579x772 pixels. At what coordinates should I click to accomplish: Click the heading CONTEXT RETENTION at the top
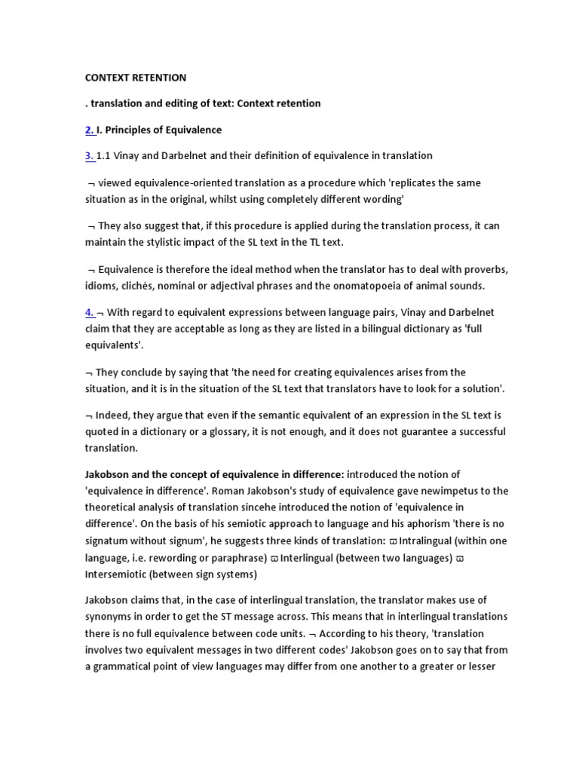[135, 78]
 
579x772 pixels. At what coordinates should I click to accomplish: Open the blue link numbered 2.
[89, 130]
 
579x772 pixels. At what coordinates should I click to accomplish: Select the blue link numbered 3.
[89, 156]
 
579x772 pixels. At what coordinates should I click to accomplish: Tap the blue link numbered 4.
[89, 312]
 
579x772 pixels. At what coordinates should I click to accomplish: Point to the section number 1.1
[105, 156]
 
